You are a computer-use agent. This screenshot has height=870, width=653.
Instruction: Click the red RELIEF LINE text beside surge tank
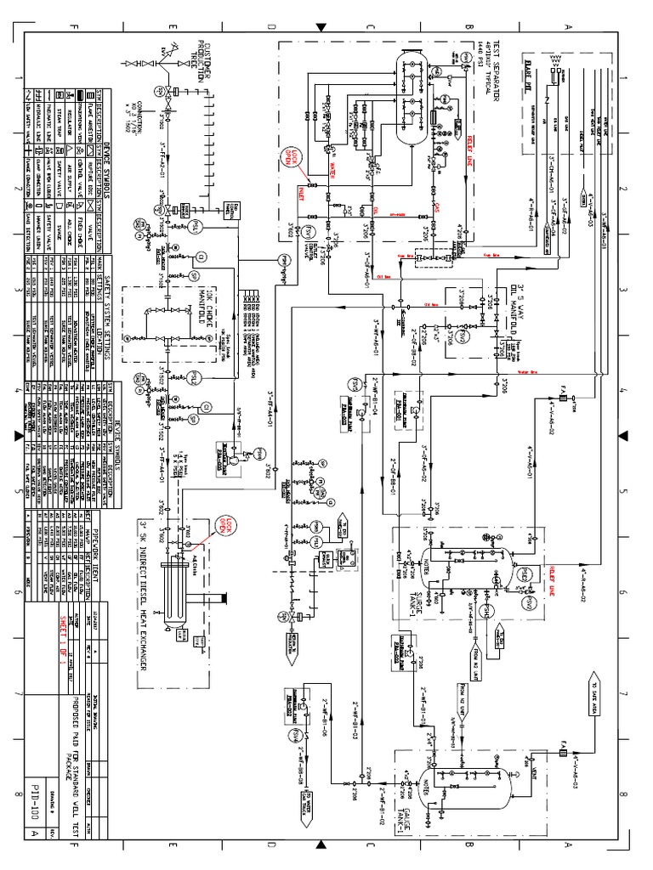pos(550,562)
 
